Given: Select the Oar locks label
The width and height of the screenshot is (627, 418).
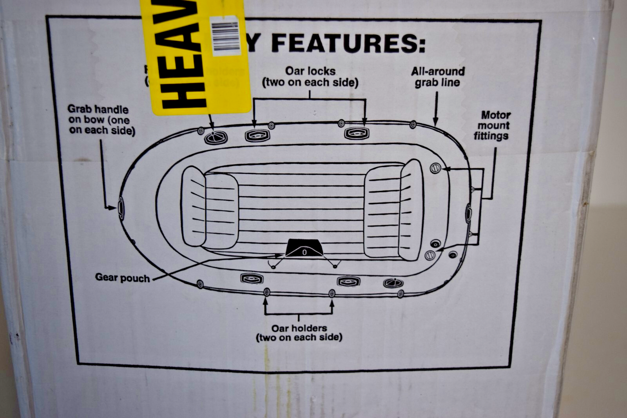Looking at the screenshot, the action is coord(310,77).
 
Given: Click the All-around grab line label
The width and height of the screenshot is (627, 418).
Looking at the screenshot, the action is coord(438,77).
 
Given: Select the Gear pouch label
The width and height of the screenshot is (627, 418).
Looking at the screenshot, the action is coord(122,278).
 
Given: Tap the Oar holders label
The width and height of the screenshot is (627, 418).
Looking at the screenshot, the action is coord(299,333).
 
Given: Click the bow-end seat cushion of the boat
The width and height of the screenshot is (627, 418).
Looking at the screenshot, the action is coord(210,207).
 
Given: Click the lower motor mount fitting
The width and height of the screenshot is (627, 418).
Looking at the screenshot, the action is coord(430,255).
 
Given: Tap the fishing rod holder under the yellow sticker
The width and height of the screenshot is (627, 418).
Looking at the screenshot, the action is coord(215,137).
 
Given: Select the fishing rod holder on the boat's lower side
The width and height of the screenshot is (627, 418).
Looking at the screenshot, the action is coord(393,283).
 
